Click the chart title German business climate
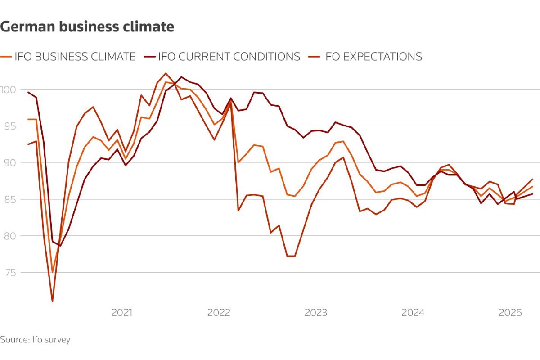pyautogui.click(x=87, y=27)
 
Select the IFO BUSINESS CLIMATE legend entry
pyautogui.click(x=68, y=57)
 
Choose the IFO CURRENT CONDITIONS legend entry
pyautogui.click(x=222, y=57)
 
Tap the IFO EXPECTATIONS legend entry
pyautogui.click(x=365, y=57)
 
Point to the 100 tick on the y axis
pyautogui.click(x=8, y=90)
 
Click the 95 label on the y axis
pyautogui.click(x=10, y=126)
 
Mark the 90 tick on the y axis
pyautogui.click(x=10, y=163)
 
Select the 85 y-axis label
pyautogui.click(x=10, y=199)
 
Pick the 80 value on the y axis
pyautogui.click(x=10, y=236)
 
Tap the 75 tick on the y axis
pyautogui.click(x=10, y=273)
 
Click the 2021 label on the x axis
pyautogui.click(x=122, y=313)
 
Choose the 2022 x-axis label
pyautogui.click(x=219, y=313)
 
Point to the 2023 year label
pyautogui.click(x=316, y=313)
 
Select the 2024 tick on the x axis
pyautogui.click(x=413, y=313)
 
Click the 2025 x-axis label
pyautogui.click(x=510, y=313)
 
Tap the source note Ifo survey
pyautogui.click(x=35, y=339)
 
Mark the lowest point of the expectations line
pyautogui.click(x=52, y=301)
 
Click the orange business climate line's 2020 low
pyautogui.click(x=52, y=272)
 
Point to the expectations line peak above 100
pyautogui.click(x=166, y=73)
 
